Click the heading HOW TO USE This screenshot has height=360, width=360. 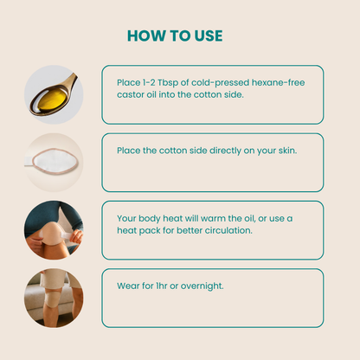(175, 36)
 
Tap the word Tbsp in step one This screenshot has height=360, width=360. (168, 83)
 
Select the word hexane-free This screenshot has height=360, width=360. (278, 82)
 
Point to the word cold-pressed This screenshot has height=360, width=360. (220, 83)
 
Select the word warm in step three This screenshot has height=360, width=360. (215, 218)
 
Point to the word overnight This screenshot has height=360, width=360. (202, 286)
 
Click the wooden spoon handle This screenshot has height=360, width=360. (71, 80)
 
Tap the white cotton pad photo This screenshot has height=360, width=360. (55, 159)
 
